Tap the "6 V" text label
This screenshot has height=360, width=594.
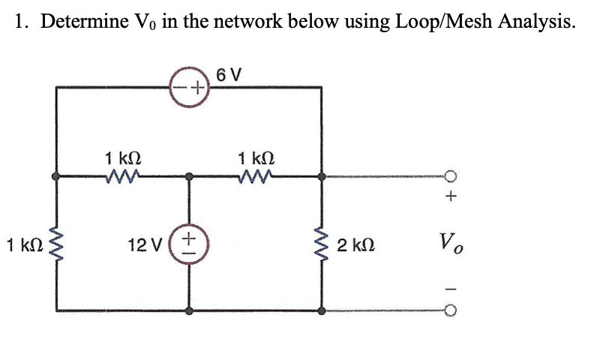coord(227,75)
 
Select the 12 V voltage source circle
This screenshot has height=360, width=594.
coord(190,244)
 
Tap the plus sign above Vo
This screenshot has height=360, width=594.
coord(451,199)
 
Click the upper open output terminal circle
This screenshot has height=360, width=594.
coord(451,177)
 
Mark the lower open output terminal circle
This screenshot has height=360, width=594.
coord(451,310)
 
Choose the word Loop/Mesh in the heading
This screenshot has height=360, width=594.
coord(426,22)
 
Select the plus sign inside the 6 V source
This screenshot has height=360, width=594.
coord(197,88)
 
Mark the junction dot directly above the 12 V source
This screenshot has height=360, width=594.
coord(190,178)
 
